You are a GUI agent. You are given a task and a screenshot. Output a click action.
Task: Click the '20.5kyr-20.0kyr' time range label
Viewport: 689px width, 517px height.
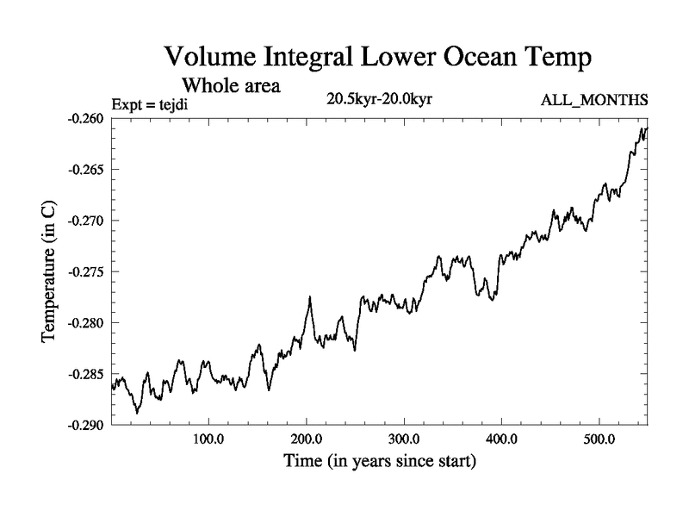pyautogui.click(x=379, y=99)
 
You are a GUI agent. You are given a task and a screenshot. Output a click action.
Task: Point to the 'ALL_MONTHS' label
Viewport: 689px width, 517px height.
pyautogui.click(x=594, y=101)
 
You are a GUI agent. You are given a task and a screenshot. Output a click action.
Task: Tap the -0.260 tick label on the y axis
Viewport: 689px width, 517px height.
pyautogui.click(x=89, y=118)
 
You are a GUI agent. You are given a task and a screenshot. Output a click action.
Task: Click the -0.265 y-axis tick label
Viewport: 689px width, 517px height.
pyautogui.click(x=89, y=169)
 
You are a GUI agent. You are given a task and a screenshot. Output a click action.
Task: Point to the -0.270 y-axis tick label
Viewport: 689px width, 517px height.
pyautogui.click(x=89, y=221)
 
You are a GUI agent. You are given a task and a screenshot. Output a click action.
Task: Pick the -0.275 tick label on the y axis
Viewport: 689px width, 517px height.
pyautogui.click(x=89, y=271)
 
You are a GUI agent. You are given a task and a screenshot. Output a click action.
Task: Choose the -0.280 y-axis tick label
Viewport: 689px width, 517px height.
pyautogui.click(x=89, y=323)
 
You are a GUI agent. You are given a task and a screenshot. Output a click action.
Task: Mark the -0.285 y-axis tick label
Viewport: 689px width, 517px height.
pyautogui.click(x=89, y=374)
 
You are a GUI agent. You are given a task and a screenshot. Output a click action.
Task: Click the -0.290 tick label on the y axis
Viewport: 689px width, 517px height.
pyautogui.click(x=89, y=426)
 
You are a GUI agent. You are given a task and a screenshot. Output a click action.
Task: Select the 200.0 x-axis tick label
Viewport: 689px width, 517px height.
pyautogui.click(x=307, y=439)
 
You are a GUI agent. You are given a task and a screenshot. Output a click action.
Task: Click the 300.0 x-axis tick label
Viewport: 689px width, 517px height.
pyautogui.click(x=404, y=439)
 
